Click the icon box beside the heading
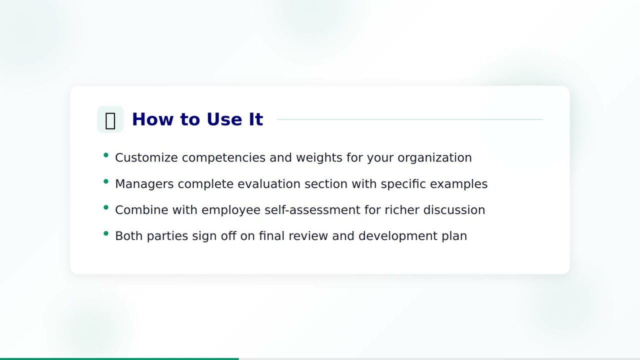pyautogui.click(x=110, y=119)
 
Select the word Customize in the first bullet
pyautogui.click(x=146, y=157)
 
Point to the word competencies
pyautogui.click(x=224, y=158)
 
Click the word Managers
pyautogui.click(x=144, y=184)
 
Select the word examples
pyautogui.click(x=458, y=184)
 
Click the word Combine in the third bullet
pyautogui.click(x=141, y=210)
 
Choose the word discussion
pyautogui.click(x=454, y=210)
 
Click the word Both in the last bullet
pyautogui.click(x=129, y=236)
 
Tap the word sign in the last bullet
pyautogui.click(x=204, y=236)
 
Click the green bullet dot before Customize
pyautogui.click(x=106, y=155)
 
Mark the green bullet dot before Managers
pyautogui.click(x=106, y=181)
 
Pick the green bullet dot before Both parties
pyautogui.click(x=106, y=233)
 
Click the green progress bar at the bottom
pyautogui.click(x=119, y=358)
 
